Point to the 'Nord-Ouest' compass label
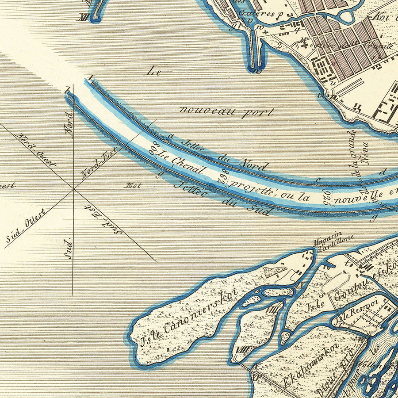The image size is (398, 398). point(36,150)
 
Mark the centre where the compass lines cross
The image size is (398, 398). point(73,189)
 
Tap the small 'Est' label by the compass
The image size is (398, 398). point(133,186)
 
